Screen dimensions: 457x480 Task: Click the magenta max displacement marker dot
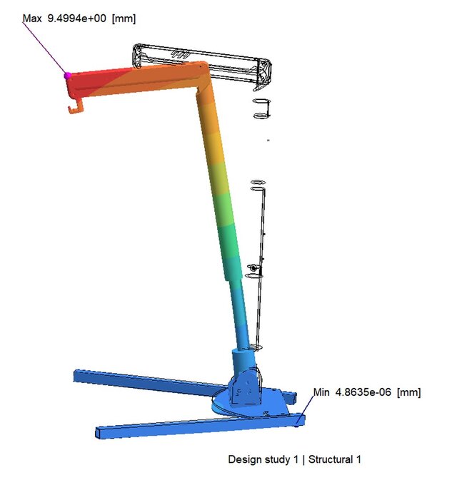tap(68, 76)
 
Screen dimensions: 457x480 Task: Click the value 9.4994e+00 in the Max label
tap(76, 19)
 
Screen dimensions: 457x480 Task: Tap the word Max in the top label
tap(32, 19)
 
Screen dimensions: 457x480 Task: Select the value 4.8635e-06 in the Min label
tap(363, 392)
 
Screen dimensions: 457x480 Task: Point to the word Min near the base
tap(321, 392)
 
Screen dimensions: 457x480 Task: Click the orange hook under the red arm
tap(76, 107)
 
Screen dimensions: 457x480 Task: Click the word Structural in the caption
tap(331, 459)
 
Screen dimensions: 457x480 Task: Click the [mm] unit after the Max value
tap(124, 19)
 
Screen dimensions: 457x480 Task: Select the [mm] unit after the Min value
tap(409, 392)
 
